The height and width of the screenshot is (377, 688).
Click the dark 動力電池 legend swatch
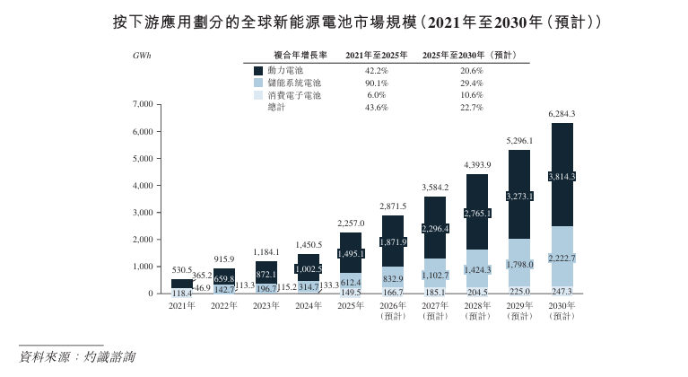point(259,70)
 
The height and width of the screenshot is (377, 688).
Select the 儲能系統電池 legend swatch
point(259,83)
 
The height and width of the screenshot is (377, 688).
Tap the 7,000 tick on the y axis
point(143,104)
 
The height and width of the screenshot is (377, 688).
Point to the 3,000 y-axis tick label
point(143,213)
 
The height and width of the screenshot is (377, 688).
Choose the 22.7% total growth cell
point(472,108)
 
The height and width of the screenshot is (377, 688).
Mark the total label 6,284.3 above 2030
point(562,114)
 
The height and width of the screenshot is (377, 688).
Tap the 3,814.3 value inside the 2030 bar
point(562,176)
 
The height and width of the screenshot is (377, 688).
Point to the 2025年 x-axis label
point(351,306)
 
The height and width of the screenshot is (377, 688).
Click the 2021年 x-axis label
point(182,306)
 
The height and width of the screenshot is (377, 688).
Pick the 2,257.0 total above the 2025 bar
point(351,224)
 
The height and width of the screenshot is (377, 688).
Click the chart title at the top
point(344,20)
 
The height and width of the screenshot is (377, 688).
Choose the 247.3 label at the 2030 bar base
point(562,292)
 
